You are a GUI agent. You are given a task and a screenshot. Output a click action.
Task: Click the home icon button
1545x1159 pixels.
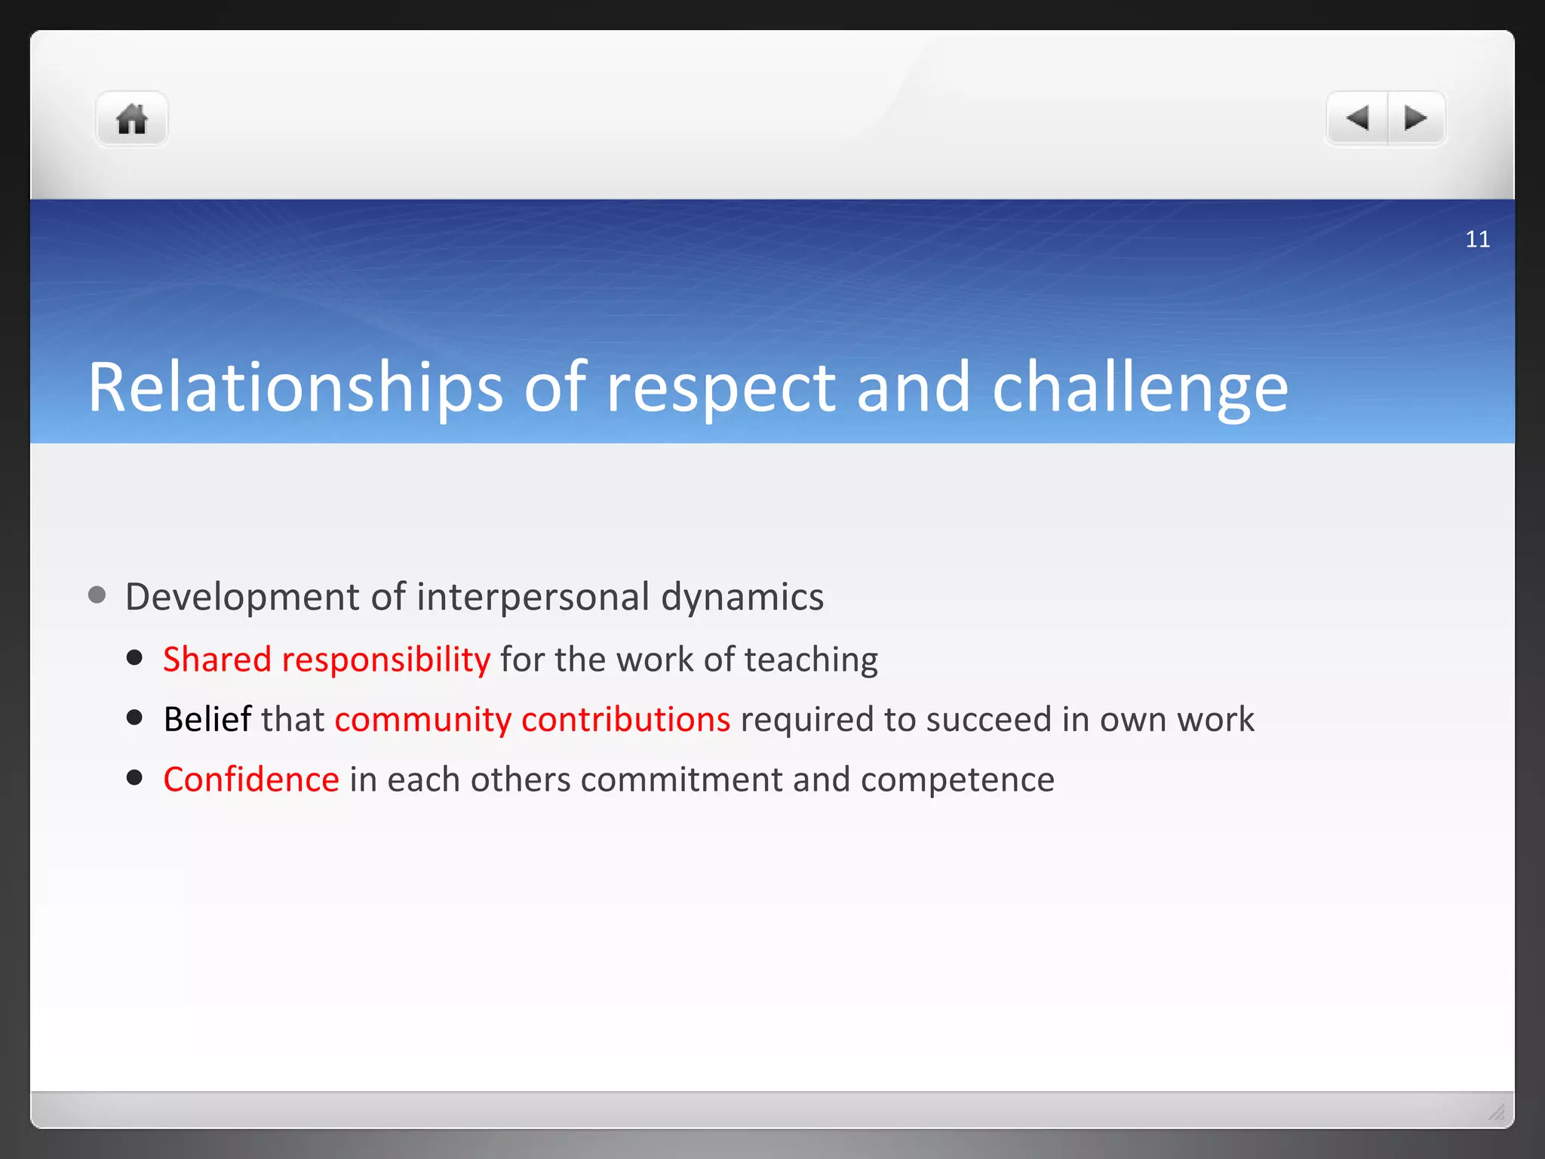[131, 119]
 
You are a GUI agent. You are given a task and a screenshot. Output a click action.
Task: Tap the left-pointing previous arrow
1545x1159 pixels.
[1357, 118]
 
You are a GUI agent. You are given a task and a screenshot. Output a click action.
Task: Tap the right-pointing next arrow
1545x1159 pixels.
[1416, 118]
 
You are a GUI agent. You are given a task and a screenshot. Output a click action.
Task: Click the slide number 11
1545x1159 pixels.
[1477, 239]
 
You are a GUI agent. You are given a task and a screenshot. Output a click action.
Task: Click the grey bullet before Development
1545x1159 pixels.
[97, 595]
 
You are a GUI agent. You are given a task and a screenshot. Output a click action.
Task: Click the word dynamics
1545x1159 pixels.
[742, 597]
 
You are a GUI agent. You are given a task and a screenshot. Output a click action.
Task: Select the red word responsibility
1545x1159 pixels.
[385, 659]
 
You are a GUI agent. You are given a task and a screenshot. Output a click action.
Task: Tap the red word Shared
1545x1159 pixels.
[217, 659]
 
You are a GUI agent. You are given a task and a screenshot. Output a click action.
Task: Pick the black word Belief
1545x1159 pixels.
[207, 719]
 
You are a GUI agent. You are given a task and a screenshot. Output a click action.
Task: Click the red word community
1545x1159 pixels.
[422, 719]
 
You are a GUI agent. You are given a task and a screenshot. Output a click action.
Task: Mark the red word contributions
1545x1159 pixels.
[625, 719]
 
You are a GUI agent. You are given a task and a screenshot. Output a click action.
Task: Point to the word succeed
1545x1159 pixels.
[988, 719]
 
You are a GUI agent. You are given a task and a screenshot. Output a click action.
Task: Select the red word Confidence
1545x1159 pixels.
[251, 779]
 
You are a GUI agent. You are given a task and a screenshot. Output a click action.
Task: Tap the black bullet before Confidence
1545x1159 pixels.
[135, 778]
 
